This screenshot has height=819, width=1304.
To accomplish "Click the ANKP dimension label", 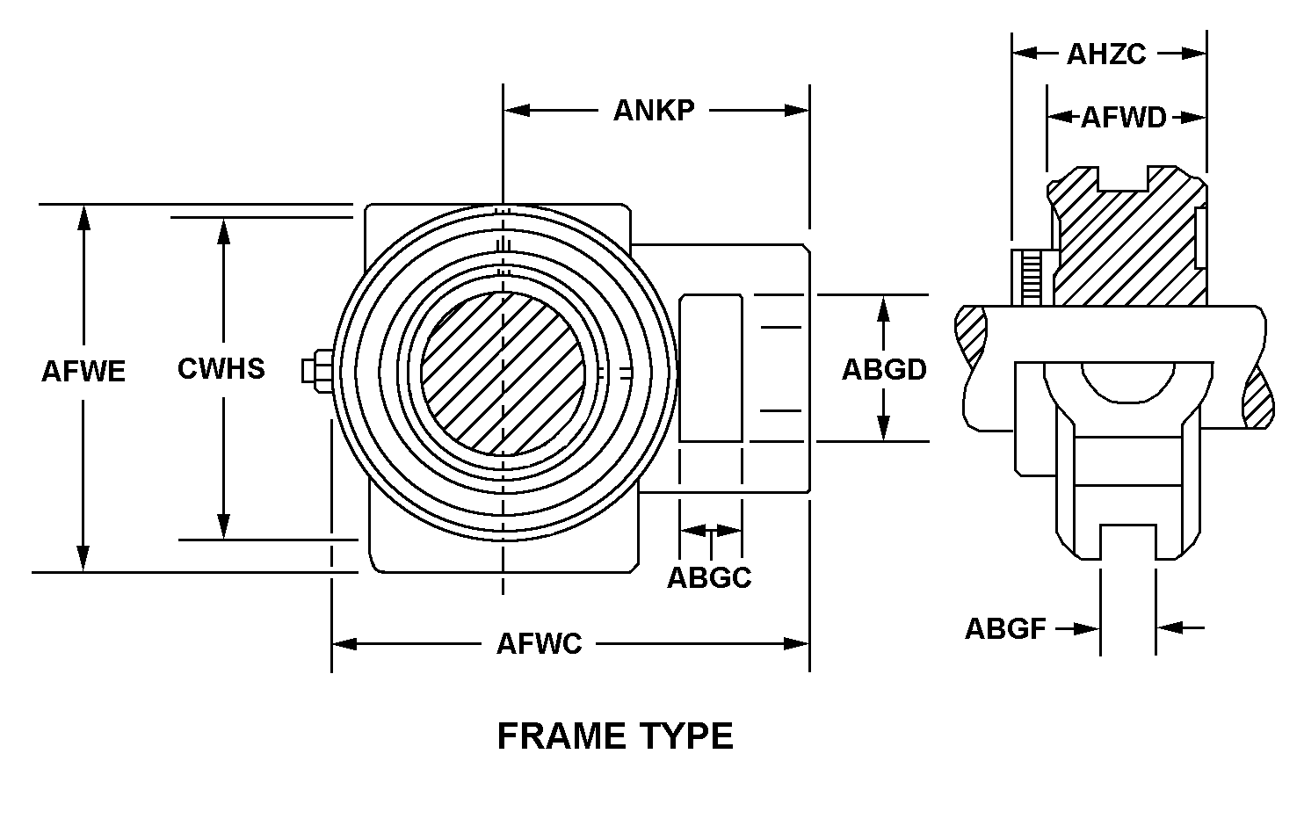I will click(654, 110).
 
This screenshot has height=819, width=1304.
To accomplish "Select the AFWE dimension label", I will click(83, 371).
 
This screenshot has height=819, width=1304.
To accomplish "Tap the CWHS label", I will click(221, 368).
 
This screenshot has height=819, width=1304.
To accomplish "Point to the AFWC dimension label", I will click(539, 644).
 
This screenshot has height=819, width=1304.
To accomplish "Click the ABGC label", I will click(709, 577).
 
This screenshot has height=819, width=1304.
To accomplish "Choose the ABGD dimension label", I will click(884, 369).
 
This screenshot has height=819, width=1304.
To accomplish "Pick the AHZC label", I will click(1106, 54).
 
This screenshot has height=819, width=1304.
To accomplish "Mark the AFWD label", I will click(1123, 117).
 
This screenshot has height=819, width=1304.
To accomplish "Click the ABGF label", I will click(1005, 628).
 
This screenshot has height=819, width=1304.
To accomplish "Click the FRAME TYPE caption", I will click(615, 736).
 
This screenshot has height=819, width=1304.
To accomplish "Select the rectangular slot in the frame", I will click(710, 368).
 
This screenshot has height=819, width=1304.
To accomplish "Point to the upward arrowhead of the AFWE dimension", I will click(83, 216).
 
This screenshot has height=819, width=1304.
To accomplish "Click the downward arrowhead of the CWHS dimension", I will click(224, 527).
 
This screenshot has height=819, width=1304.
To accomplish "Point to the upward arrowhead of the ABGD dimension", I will click(884, 307).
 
